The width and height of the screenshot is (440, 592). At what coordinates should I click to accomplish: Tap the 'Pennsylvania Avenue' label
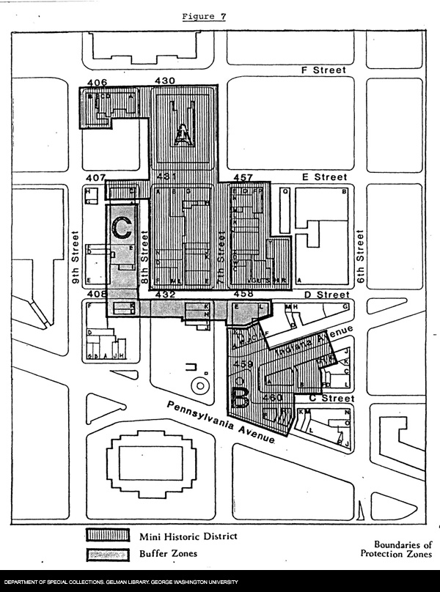click(x=220, y=423)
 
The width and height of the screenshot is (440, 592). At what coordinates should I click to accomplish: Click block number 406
click(x=98, y=81)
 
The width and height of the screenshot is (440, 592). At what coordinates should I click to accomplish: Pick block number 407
click(x=96, y=178)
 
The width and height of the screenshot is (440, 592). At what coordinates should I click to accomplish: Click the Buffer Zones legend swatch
click(x=108, y=554)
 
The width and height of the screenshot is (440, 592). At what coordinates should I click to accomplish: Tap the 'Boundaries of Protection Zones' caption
click(x=403, y=549)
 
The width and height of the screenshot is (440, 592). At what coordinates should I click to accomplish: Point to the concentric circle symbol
click(x=197, y=385)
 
